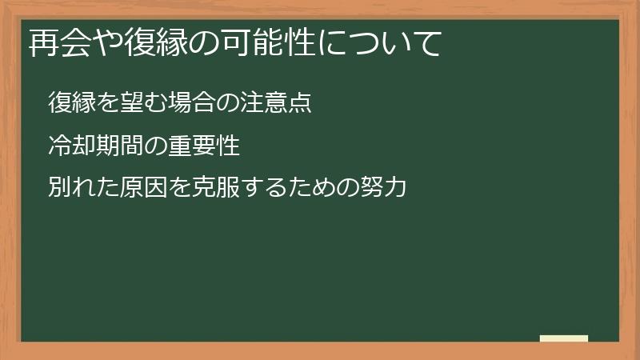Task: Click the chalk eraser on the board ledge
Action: (563, 338)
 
